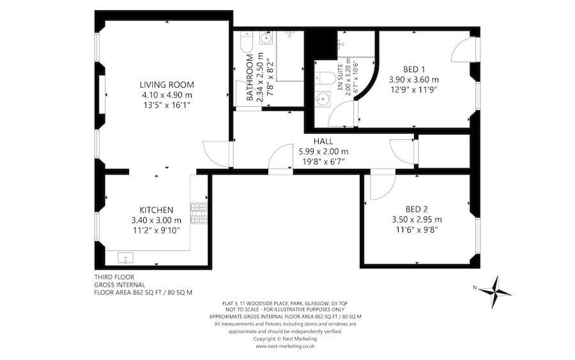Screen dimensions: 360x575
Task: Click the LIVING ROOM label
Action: [x=167, y=84]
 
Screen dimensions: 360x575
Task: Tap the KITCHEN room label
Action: [x=157, y=210]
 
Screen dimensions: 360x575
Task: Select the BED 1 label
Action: [x=414, y=69]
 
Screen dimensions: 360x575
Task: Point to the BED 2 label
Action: [x=416, y=208]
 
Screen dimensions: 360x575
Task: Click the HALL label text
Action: [x=323, y=141]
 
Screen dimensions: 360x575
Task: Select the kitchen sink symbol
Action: [x=126, y=258]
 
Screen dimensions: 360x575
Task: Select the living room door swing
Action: [x=215, y=153]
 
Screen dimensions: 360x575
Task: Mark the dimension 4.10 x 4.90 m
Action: [x=167, y=95]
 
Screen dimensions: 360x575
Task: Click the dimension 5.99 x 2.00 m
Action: [x=323, y=152]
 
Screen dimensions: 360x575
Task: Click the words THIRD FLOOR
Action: [x=114, y=277]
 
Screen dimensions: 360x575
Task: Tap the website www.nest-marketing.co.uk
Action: [x=286, y=346]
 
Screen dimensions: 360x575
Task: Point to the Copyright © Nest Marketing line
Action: [x=286, y=339]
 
